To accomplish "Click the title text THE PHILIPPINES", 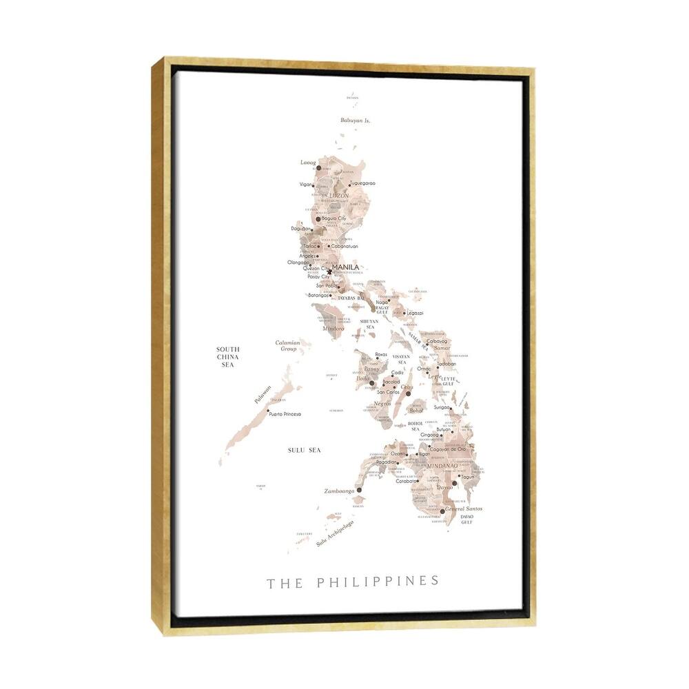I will point(352,582).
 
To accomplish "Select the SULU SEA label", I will point(305,450).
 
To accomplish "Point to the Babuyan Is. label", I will point(356,121).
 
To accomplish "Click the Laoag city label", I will point(308,163).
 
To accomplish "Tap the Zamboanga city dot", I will point(359,490).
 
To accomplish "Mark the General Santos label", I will point(464,508).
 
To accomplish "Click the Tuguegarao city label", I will point(362,183).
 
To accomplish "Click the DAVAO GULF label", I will point(467,520).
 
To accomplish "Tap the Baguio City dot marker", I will point(318,219).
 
